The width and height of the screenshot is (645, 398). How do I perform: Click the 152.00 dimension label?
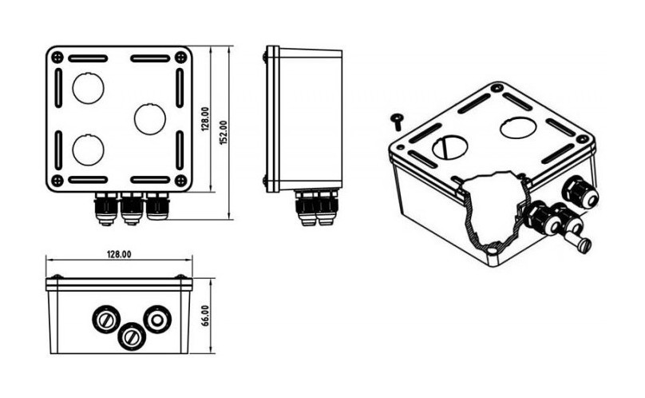(x=224, y=132)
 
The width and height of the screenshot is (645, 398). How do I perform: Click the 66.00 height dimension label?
(x=206, y=316)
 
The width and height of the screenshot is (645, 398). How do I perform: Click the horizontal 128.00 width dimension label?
(x=119, y=254)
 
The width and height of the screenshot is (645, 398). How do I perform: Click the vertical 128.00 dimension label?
(x=205, y=119)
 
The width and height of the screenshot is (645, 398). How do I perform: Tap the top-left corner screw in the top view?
(x=58, y=57)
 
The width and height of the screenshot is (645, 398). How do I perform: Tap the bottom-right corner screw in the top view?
(x=180, y=180)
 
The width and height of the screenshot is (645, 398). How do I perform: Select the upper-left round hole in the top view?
(x=88, y=88)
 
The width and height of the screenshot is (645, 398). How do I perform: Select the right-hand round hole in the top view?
(x=150, y=118)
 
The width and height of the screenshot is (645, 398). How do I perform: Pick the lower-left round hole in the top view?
(x=88, y=150)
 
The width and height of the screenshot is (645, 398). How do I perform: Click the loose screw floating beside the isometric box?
(x=398, y=122)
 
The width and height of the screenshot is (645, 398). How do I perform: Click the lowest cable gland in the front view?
(x=131, y=335)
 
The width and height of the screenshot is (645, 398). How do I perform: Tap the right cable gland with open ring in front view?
(x=156, y=320)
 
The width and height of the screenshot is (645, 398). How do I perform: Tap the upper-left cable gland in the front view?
(x=105, y=320)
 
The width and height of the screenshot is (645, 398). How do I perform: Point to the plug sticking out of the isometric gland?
(x=580, y=242)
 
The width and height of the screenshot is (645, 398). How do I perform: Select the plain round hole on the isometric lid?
(x=517, y=128)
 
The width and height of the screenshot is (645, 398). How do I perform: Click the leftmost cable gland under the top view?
(x=106, y=209)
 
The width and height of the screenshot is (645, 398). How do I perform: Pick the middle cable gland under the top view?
(x=132, y=209)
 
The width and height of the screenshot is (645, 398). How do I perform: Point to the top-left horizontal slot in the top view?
(x=88, y=59)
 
